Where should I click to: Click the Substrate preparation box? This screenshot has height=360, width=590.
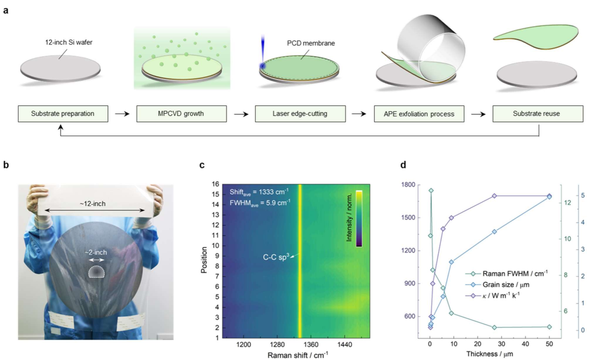pos(63,114)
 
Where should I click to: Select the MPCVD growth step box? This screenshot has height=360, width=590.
pos(181,114)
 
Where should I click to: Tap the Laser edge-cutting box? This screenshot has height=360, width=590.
pos(300,114)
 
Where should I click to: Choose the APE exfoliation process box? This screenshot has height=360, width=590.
pos(419,114)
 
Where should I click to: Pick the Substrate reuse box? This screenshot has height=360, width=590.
pos(538,114)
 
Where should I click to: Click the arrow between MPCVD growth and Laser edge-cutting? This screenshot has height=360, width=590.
pos(241,114)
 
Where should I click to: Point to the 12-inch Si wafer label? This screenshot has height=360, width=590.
pos(69,42)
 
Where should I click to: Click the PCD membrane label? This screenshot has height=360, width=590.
pos(311,43)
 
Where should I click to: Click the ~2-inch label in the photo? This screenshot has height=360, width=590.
pos(96,252)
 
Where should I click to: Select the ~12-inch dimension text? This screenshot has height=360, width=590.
pos(92,204)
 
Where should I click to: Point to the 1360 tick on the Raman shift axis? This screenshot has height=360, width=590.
pos(311,345)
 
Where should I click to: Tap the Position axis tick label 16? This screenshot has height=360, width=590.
pos(215,184)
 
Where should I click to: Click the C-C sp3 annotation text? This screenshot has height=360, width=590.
pos(276,257)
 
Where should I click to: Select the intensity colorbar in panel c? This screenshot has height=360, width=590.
pos(359,218)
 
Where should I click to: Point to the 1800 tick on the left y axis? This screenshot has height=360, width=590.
pos(408,185)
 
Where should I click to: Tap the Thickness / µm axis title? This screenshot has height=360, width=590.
pos(489,354)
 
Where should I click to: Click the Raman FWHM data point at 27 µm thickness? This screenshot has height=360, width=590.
pos(494,328)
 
